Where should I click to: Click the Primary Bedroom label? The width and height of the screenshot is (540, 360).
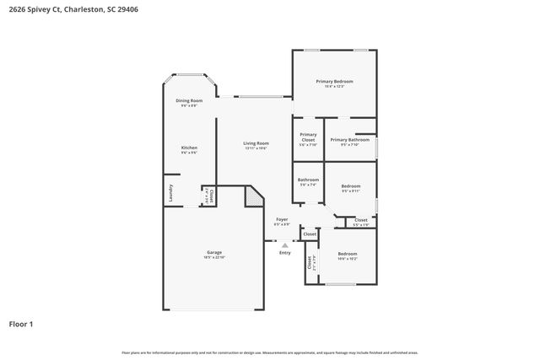click(334, 81)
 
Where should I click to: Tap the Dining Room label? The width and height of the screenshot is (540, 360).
click(189, 100)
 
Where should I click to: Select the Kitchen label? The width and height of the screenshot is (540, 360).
click(189, 148)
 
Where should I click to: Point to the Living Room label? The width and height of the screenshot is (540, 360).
click(256, 143)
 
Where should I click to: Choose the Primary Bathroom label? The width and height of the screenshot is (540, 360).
click(349, 140)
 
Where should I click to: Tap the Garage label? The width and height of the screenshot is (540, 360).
click(214, 252)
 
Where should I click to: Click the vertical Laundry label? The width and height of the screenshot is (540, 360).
click(170, 191)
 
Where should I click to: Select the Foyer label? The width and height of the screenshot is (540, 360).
click(282, 219)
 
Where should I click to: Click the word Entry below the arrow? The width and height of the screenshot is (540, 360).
click(285, 253)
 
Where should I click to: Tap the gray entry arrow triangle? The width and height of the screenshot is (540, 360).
click(285, 245)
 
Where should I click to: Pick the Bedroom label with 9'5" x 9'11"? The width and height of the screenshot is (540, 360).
click(350, 185)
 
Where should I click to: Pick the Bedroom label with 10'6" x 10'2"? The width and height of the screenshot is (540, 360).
click(348, 254)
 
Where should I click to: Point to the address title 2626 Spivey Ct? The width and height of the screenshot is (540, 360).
click(42, 11)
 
